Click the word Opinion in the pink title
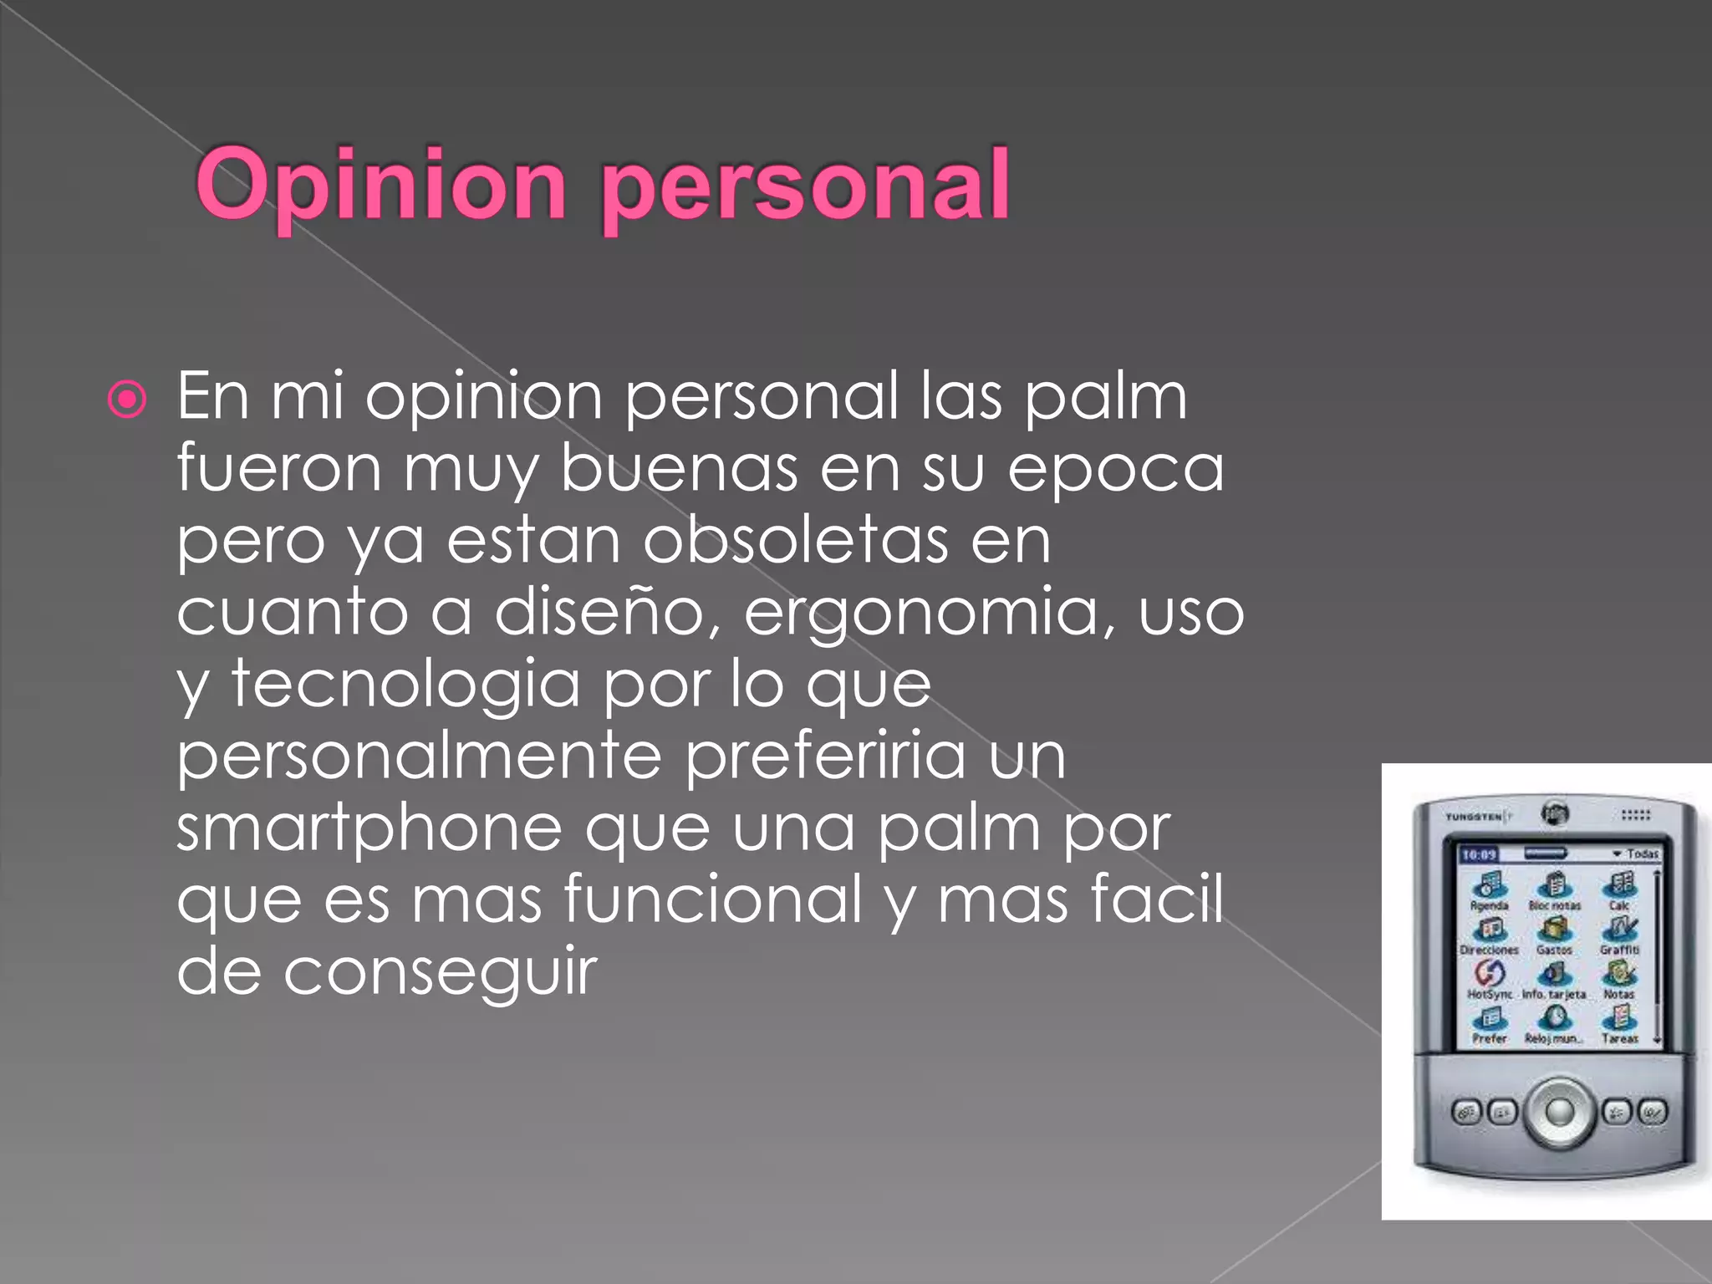(x=381, y=186)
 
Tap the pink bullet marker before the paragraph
(x=128, y=400)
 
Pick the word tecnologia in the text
(x=405, y=685)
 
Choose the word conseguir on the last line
(x=440, y=973)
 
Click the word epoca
(x=1116, y=468)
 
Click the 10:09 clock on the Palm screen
(x=1479, y=854)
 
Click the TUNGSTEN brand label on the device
(x=1475, y=816)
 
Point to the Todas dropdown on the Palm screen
(x=1636, y=853)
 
